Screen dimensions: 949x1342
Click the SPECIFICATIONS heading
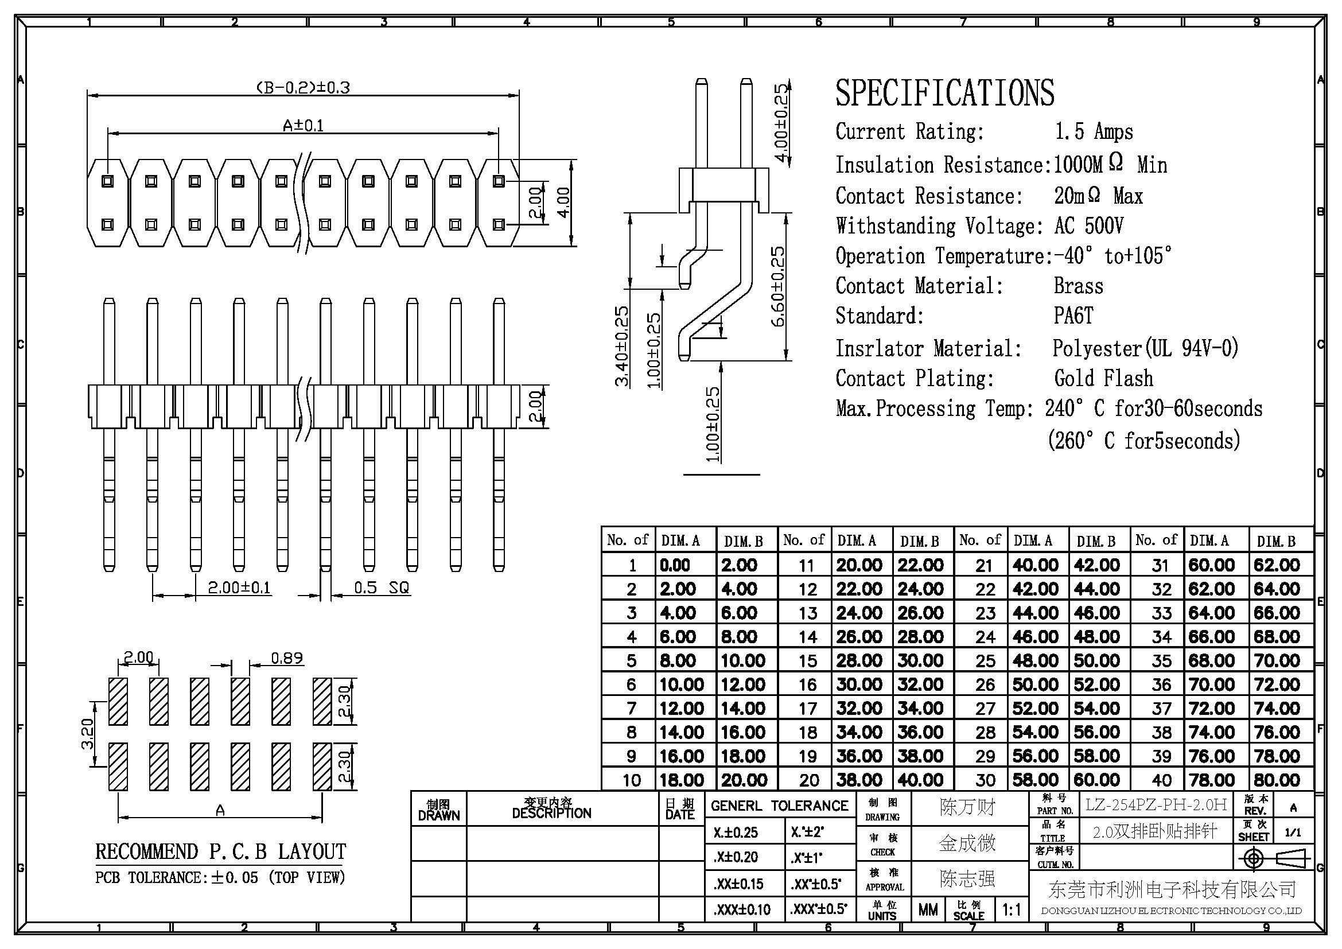tap(944, 93)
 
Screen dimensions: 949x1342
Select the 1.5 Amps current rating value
tap(1094, 132)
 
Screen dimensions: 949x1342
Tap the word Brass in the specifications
tap(1079, 286)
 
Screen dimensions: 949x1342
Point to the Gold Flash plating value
tap(1103, 378)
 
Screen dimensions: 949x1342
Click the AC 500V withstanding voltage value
tap(1089, 225)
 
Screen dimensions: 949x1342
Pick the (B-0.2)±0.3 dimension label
tap(303, 88)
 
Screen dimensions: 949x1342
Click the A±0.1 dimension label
tap(303, 126)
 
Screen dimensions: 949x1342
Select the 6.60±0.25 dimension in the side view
tap(778, 286)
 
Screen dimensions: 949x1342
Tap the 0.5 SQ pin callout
tap(382, 588)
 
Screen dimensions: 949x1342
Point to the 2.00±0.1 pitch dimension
tap(239, 588)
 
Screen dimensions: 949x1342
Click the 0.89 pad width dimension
tap(287, 659)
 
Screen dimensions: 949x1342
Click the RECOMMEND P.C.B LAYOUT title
tap(220, 851)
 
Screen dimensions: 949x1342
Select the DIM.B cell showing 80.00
tap(1277, 780)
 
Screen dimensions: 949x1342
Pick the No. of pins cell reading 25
tap(985, 660)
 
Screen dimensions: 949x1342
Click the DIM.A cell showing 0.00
tap(675, 565)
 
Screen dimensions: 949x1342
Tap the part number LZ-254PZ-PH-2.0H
tap(1156, 804)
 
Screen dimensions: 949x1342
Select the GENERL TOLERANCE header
tap(779, 806)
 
